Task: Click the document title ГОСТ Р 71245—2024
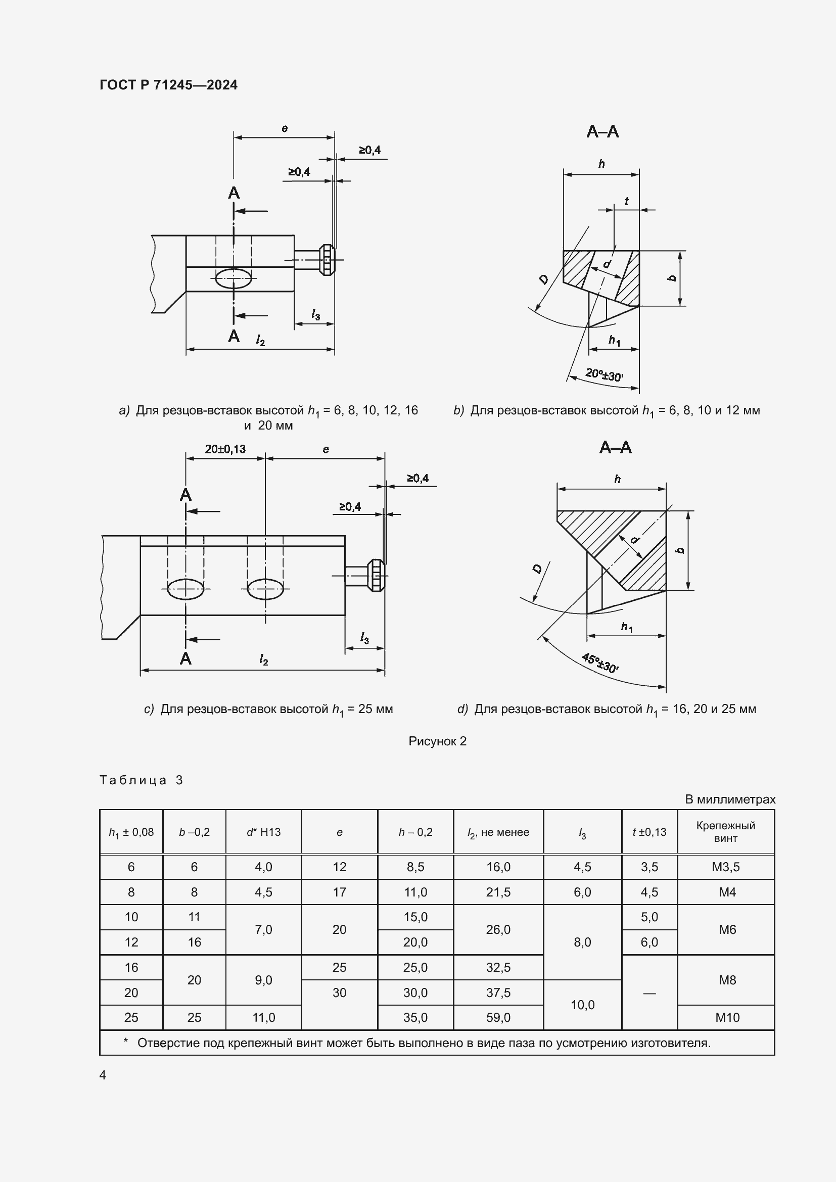pyautogui.click(x=168, y=85)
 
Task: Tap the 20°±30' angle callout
pyautogui.click(x=604, y=374)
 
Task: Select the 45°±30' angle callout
pyautogui.click(x=600, y=663)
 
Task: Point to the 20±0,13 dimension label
pyautogui.click(x=225, y=449)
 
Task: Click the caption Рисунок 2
pyautogui.click(x=437, y=741)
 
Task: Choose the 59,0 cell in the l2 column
pyautogui.click(x=498, y=1017)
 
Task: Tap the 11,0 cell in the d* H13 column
pyautogui.click(x=263, y=1017)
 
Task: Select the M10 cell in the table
pyautogui.click(x=727, y=1017)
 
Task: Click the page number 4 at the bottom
pyautogui.click(x=103, y=1075)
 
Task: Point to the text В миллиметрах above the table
pyautogui.click(x=729, y=799)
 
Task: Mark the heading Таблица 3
pyautogui.click(x=141, y=780)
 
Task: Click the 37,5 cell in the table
pyautogui.click(x=498, y=992)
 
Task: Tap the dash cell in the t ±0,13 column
pyautogui.click(x=649, y=992)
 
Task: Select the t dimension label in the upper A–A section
pyautogui.click(x=626, y=201)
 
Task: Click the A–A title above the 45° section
pyautogui.click(x=615, y=447)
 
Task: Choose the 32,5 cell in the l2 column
pyautogui.click(x=498, y=967)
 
